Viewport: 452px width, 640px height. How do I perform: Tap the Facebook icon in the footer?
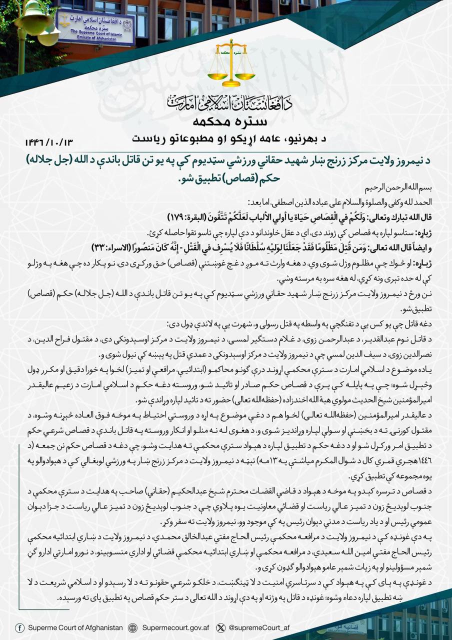point(19,627)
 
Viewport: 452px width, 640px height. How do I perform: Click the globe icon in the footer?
point(132,627)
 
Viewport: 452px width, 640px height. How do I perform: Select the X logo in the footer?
point(220,627)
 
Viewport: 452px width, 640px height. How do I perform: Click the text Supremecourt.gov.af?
point(173,627)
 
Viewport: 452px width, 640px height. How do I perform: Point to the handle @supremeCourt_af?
point(258,627)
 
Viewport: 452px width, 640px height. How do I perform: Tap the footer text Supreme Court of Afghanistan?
point(75,627)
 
